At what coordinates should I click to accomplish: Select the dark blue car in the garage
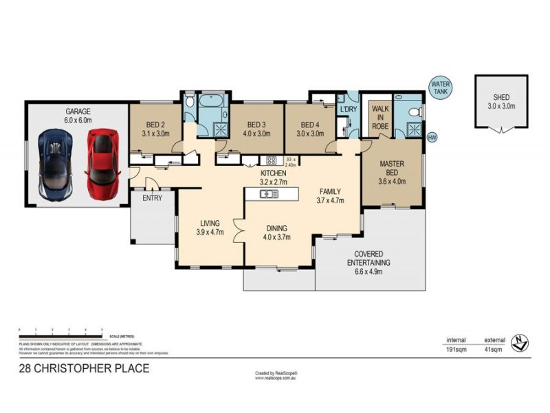click(x=56, y=162)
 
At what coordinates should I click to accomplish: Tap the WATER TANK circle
click(x=440, y=87)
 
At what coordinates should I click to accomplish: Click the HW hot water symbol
click(x=432, y=137)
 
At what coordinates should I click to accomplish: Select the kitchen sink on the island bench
click(x=269, y=194)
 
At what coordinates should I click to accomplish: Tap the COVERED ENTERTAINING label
click(x=368, y=258)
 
